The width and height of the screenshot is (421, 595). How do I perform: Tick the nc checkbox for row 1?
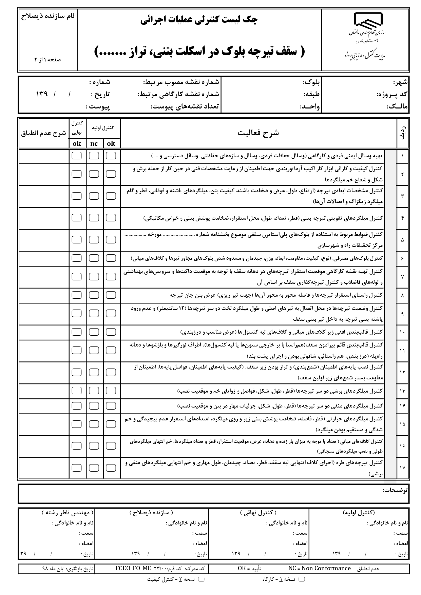94,156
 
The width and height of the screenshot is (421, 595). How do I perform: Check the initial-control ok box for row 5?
111,239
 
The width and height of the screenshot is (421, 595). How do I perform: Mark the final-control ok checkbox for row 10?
77,332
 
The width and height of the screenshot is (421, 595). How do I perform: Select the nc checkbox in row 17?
94,468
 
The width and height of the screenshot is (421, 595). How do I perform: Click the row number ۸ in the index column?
402,296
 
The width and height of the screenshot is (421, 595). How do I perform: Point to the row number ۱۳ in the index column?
402,391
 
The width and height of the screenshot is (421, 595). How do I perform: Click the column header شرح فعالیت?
258,133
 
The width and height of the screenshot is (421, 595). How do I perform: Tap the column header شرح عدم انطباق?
43,133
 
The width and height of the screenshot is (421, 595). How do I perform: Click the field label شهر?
401,82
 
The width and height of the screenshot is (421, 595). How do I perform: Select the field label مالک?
397,107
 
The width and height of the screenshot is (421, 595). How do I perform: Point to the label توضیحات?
396,490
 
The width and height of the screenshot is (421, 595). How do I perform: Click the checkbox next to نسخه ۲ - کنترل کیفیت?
201,579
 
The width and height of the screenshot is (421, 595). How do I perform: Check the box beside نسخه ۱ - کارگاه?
302,579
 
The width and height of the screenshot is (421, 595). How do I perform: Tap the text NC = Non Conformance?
319,568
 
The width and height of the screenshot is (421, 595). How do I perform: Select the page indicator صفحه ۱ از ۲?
47,59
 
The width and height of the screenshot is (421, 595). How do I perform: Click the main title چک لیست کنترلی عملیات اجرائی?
199,21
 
